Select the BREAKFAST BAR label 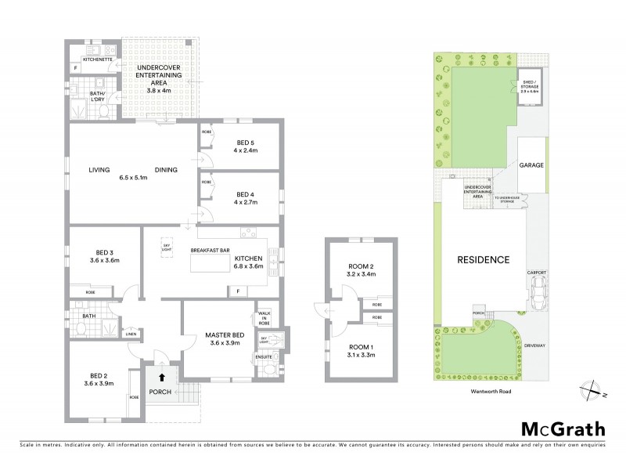click(210, 250)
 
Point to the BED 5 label click(245, 143)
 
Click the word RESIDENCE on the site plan click(484, 259)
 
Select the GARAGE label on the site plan click(531, 165)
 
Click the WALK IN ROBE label click(264, 317)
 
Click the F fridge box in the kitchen click(237, 291)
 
